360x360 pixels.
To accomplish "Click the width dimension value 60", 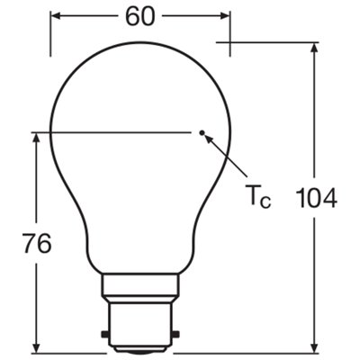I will click(139, 17).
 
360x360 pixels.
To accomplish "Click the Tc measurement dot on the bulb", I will click(203, 135).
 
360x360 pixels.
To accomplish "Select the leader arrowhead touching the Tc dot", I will click(209, 140).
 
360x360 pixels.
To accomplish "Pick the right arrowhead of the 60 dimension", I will click(224, 17).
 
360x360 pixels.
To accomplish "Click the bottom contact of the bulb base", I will click(140, 347).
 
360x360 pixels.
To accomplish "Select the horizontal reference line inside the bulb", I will click(117, 132).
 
